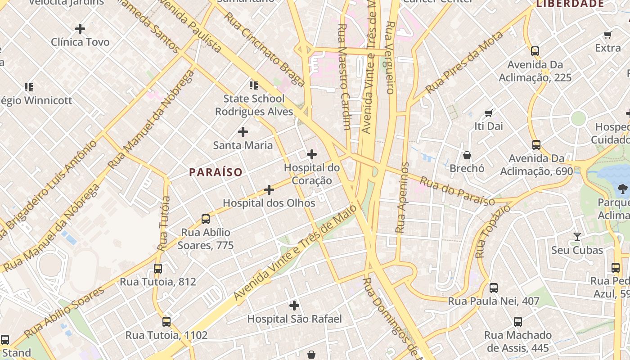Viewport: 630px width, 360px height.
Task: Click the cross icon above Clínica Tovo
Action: [80, 29]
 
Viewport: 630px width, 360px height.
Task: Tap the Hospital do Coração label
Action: [311, 174]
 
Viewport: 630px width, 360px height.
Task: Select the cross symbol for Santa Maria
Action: [243, 132]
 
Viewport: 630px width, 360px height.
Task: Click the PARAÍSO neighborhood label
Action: [216, 172]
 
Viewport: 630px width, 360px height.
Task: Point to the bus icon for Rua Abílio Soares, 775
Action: [206, 219]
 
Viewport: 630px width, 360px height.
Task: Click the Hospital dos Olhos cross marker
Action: [269, 190]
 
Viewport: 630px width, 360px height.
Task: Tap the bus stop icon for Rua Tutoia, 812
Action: [158, 269]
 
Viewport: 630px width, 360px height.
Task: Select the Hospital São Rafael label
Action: [294, 319]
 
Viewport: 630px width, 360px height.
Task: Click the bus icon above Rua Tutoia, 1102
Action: [166, 322]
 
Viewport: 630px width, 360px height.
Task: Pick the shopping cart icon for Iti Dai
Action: [488, 113]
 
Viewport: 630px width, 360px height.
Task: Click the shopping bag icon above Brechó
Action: [467, 155]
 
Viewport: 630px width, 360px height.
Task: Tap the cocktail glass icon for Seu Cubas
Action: [577, 237]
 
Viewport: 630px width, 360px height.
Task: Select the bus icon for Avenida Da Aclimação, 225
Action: [535, 51]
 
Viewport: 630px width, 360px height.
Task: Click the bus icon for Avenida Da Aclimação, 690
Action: [536, 145]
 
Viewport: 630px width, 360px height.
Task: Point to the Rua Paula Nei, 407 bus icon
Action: [494, 288]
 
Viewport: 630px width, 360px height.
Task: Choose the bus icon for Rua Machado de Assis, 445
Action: [518, 322]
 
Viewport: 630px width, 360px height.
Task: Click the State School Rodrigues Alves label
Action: [254, 105]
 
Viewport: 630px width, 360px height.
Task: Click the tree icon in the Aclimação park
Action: [623, 189]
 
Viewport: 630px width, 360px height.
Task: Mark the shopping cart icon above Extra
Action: [607, 35]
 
